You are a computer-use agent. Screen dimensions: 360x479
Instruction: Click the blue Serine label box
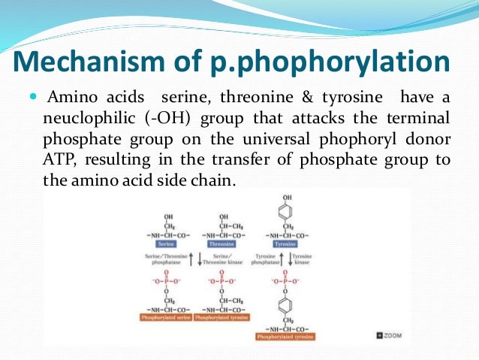pos(165,244)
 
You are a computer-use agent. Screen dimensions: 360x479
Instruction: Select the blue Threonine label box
pos(217,244)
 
